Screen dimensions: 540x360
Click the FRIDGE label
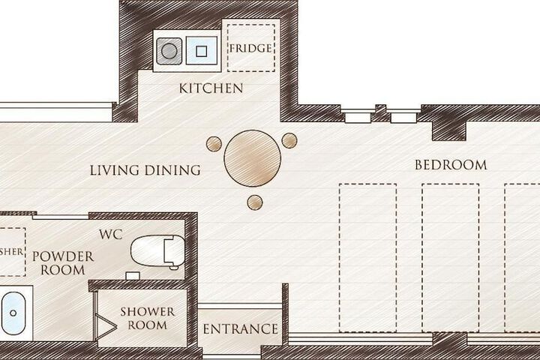point(250,48)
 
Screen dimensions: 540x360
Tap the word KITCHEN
point(211,88)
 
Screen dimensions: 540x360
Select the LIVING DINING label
point(145,170)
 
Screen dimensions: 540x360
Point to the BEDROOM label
point(451,165)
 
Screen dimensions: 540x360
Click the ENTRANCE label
point(241,329)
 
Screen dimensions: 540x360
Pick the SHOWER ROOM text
point(148,318)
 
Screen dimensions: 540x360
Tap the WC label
point(110,235)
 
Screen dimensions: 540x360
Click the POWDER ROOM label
point(63,263)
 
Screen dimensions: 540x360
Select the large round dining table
point(253,158)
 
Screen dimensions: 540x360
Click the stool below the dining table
point(255,202)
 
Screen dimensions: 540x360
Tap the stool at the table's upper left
point(214,144)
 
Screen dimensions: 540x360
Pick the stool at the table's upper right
point(289,140)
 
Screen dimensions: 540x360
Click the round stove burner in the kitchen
point(169,51)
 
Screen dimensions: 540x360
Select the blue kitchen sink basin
point(202,51)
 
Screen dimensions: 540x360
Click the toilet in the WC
point(157,251)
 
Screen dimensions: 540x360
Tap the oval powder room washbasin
point(13,313)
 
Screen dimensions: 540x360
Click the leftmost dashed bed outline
point(367,258)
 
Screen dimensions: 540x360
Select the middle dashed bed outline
point(451,258)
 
